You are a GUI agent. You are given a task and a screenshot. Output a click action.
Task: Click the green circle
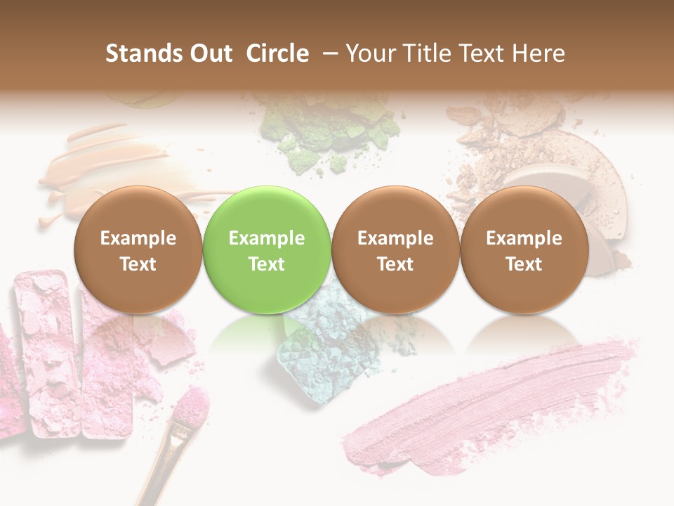267,211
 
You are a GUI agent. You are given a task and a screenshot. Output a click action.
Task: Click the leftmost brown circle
138,211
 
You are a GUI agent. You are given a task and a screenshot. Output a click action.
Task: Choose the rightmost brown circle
524,211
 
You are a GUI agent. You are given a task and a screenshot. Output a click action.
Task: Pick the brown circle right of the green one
395,211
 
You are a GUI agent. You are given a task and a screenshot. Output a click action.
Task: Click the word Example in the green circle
267,238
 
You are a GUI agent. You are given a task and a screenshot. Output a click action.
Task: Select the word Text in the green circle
267,264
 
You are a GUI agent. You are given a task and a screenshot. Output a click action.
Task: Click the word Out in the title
209,53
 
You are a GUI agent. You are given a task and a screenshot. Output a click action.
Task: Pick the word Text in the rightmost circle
524,264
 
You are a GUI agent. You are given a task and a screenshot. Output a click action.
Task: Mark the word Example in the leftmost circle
138,238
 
